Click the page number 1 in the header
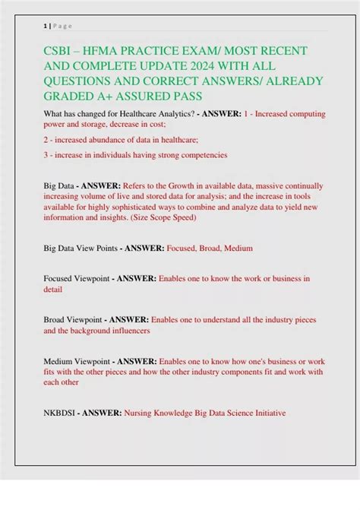pos(46,26)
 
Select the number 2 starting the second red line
pos(46,139)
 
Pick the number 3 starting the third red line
pos(46,155)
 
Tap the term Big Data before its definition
pos(60,185)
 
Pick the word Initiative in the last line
pos(265,413)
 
